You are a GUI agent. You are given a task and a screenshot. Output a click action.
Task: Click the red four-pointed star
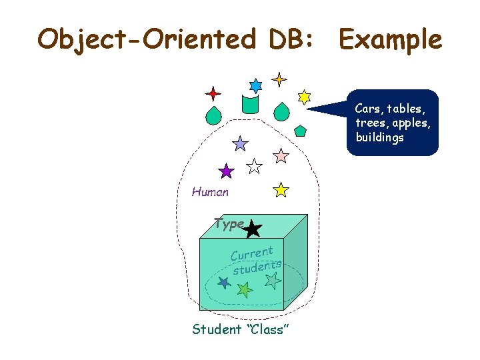(213, 93)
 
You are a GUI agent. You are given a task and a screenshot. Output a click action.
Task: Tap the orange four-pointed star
(279, 79)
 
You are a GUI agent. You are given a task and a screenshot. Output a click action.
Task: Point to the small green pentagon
(300, 130)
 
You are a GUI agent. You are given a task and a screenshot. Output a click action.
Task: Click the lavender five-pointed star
(240, 143)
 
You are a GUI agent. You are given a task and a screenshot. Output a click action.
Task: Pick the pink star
(281, 156)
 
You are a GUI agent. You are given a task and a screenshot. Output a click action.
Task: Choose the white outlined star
(255, 166)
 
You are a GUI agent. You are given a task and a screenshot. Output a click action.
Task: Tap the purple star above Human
(227, 171)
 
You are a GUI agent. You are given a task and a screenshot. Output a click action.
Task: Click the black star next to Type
(252, 230)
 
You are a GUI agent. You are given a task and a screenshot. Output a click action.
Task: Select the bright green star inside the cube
(245, 289)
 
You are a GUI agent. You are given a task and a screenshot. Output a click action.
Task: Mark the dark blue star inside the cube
(224, 283)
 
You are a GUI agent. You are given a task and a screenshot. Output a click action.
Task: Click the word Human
(210, 192)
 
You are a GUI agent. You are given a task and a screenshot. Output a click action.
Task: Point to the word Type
(229, 224)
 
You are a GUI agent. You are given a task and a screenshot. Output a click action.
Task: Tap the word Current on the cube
(251, 253)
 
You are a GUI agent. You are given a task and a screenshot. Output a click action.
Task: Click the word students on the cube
(257, 267)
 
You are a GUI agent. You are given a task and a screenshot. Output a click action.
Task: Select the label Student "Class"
(240, 329)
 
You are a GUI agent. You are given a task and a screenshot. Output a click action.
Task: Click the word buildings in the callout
(379, 138)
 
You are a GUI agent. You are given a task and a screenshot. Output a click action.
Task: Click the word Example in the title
(390, 39)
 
